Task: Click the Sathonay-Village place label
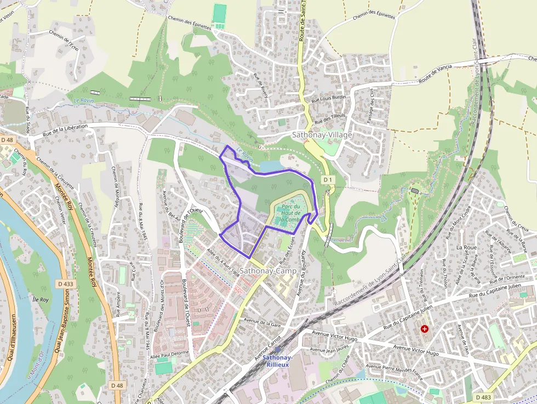click(x=322, y=134)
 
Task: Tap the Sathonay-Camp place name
click(x=268, y=271)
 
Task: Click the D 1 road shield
click(x=328, y=180)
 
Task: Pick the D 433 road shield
click(x=65, y=284)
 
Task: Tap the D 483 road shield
click(x=483, y=397)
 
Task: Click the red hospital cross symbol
click(x=425, y=328)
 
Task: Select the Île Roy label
click(x=41, y=300)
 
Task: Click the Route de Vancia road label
click(x=436, y=74)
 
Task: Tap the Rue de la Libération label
click(x=65, y=130)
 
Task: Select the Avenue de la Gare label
click(x=262, y=322)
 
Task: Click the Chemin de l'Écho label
click(x=64, y=41)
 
